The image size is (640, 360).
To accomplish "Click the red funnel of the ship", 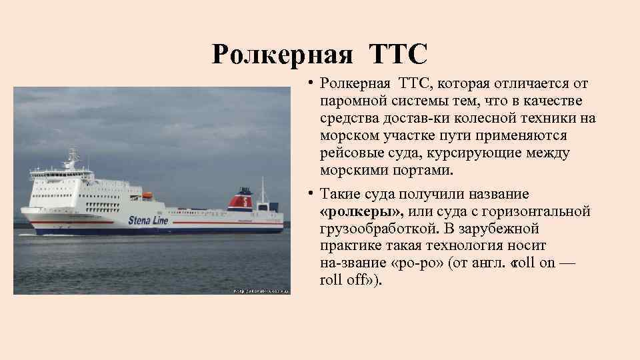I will [241, 199].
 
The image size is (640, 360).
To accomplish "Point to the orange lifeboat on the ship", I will [147, 195].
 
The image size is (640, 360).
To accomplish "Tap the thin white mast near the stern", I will [263, 190].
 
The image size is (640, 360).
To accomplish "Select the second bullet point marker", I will [311, 194].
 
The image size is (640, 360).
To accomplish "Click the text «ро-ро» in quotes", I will [421, 263].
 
